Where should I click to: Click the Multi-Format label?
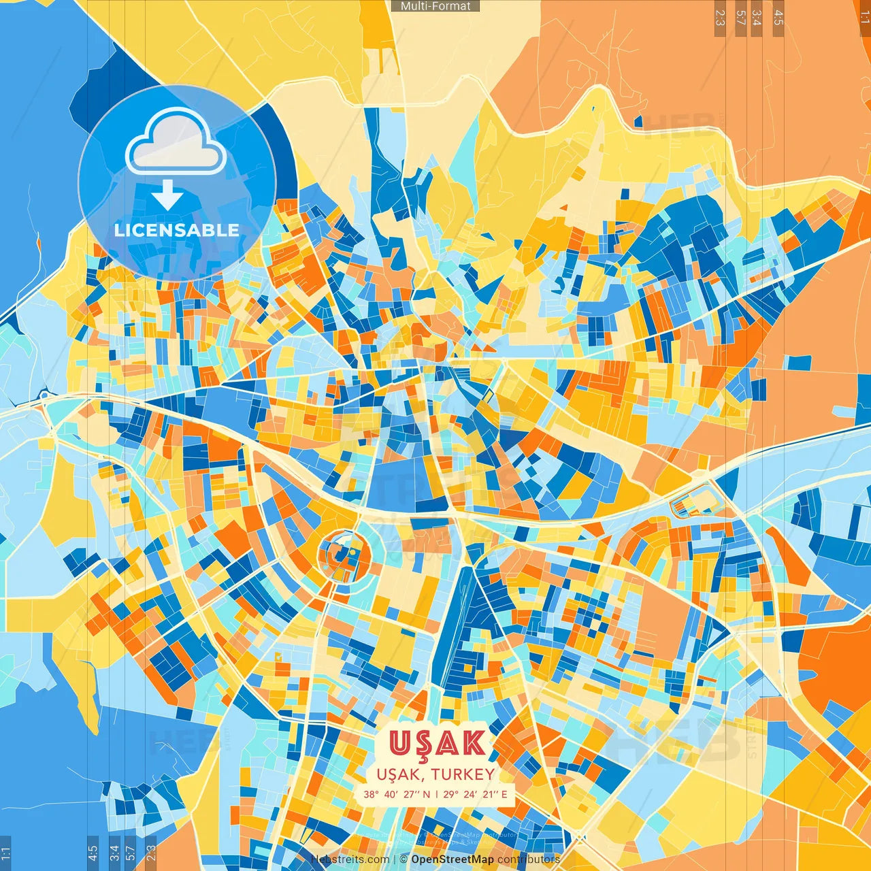(x=435, y=6)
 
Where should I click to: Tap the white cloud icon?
(x=176, y=142)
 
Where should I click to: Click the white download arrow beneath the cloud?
(x=167, y=195)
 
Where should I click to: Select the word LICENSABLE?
(x=176, y=230)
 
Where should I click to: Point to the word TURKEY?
(x=463, y=774)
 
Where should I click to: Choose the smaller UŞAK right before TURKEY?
(x=400, y=774)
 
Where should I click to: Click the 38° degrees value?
(x=371, y=794)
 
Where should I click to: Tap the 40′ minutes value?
(x=391, y=794)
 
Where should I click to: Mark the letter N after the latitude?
(x=427, y=794)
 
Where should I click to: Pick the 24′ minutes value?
(x=471, y=794)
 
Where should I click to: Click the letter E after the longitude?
(x=504, y=794)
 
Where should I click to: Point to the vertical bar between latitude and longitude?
(x=437, y=794)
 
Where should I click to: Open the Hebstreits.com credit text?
(x=350, y=859)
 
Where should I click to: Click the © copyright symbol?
(x=404, y=859)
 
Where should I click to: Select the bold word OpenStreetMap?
(x=453, y=859)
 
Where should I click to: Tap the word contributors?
(x=529, y=859)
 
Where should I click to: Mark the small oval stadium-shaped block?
(x=692, y=504)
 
